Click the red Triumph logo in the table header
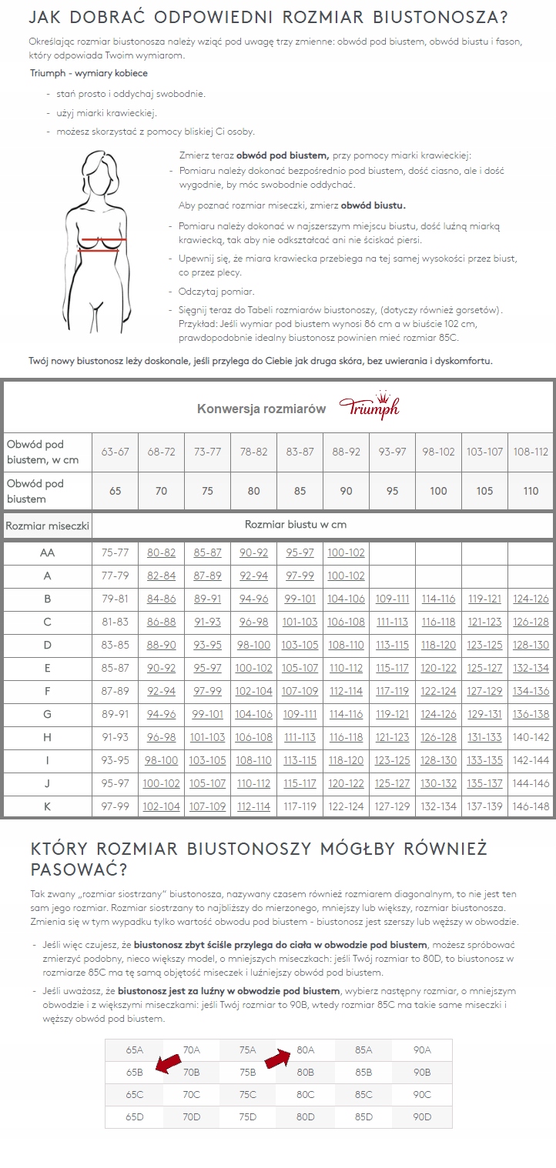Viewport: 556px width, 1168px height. (369, 408)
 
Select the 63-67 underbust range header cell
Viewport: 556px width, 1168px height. (115, 452)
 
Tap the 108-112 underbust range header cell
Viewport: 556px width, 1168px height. (531, 452)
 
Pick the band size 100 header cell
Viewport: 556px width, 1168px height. (438, 491)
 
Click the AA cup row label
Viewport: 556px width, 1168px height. (47, 552)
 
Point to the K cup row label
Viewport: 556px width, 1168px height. (47, 806)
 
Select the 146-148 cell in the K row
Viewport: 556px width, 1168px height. (531, 806)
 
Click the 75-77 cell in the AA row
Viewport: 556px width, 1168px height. (115, 552)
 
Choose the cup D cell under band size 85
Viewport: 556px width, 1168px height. (300, 645)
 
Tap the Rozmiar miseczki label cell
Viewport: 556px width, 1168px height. (47, 527)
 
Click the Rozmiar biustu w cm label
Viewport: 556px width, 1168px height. (295, 525)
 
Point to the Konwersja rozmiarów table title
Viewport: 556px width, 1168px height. (261, 409)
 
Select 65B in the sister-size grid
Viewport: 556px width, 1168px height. (135, 1072)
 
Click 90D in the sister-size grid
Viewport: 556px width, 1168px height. (422, 1116)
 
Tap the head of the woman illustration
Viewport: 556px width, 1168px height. (104, 171)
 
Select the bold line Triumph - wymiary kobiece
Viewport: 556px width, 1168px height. (89, 73)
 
